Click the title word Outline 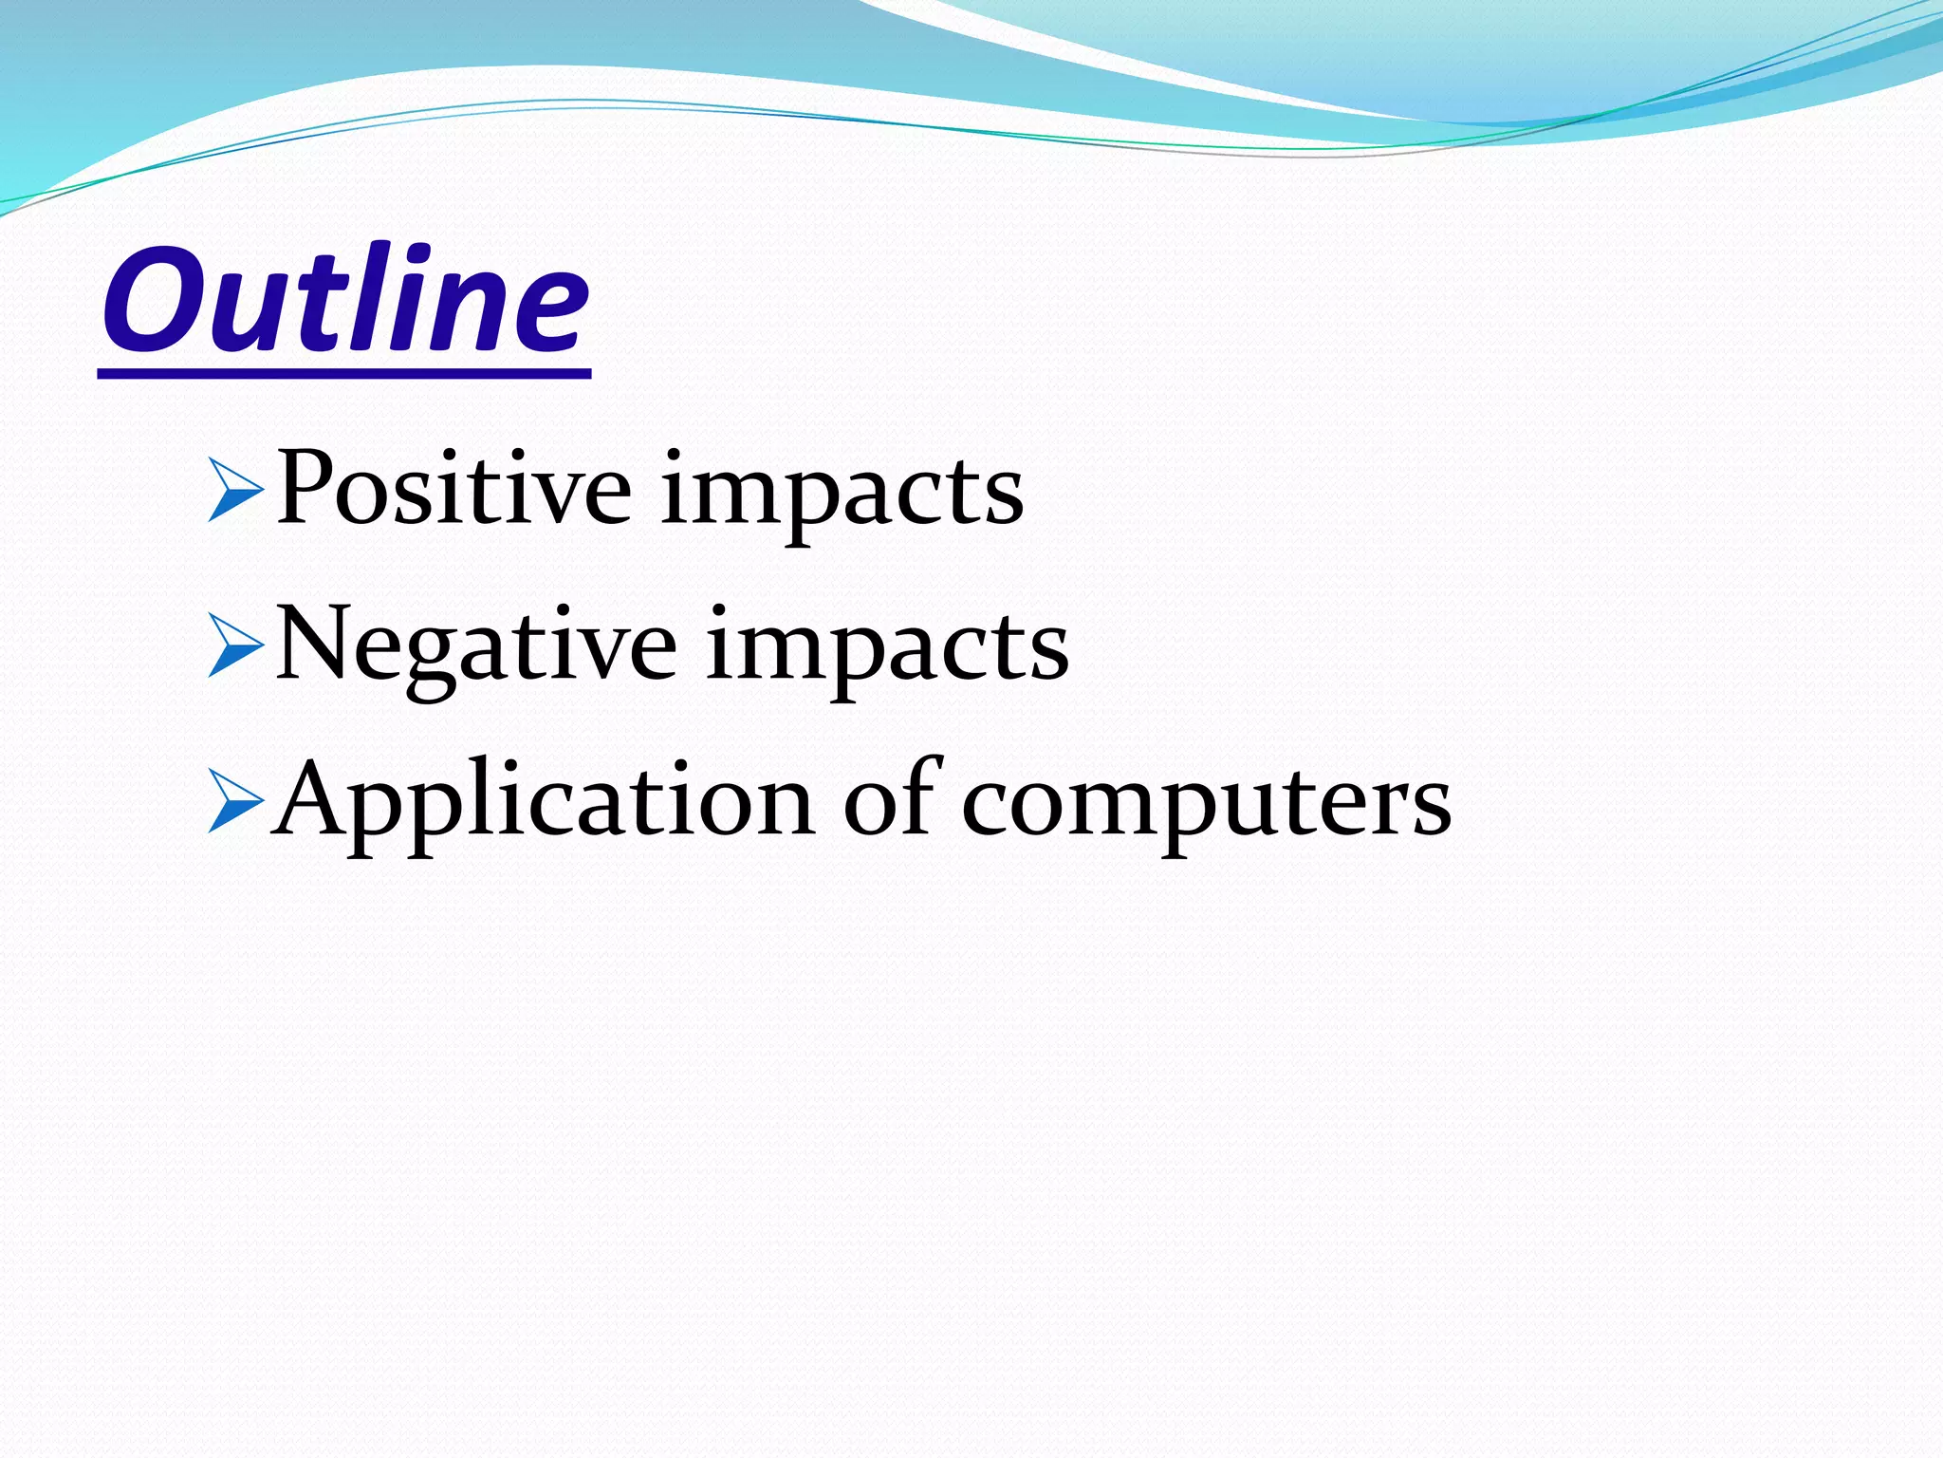click(346, 299)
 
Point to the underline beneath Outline click(344, 375)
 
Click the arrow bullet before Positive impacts click(234, 490)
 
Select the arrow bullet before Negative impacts click(234, 645)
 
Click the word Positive click(453, 490)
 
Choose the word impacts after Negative click(887, 649)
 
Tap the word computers click(1206, 805)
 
